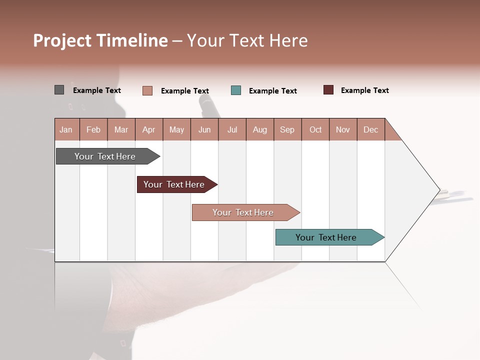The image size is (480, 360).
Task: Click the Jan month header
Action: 66,129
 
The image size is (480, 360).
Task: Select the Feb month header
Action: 93,129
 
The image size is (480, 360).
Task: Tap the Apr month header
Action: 149,129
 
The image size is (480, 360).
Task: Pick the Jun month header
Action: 204,129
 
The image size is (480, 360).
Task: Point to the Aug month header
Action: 260,129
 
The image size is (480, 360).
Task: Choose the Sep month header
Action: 287,129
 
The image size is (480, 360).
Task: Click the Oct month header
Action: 315,129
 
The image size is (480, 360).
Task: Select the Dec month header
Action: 371,129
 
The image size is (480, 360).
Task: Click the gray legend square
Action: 59,90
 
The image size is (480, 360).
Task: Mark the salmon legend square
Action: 147,90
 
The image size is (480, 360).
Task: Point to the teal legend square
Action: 236,90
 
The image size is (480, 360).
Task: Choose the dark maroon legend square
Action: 328,90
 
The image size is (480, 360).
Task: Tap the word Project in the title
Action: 62,40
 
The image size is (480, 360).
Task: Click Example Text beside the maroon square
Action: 364,90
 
